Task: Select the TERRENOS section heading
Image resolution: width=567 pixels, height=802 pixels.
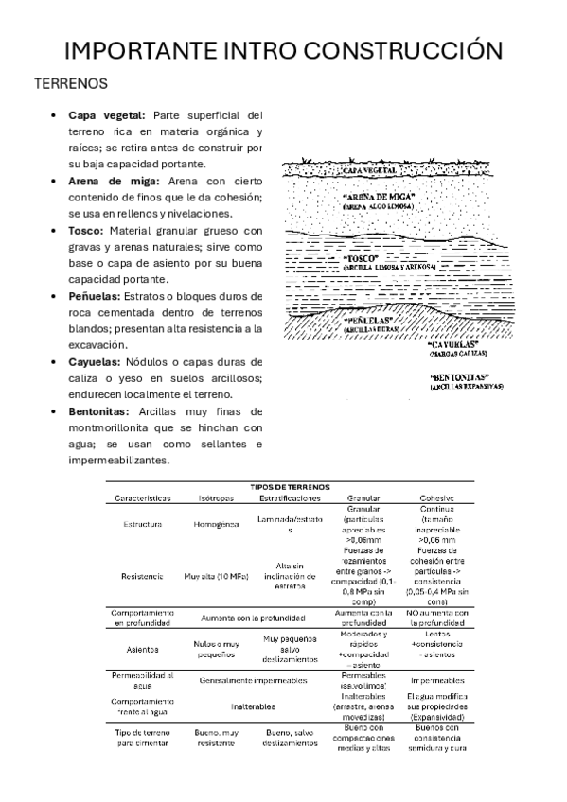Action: click(x=71, y=83)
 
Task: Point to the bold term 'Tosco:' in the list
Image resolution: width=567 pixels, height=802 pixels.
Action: click(x=86, y=230)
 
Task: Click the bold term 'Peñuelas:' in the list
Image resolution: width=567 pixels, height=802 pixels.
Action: click(x=99, y=296)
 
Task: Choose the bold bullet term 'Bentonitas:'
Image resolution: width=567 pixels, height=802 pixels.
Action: click(x=101, y=411)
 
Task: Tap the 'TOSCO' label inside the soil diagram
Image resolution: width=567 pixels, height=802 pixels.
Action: click(x=363, y=257)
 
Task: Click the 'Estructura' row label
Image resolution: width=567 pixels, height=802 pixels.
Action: click(x=142, y=524)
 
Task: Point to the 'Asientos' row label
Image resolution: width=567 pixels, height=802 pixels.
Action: click(x=142, y=649)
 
